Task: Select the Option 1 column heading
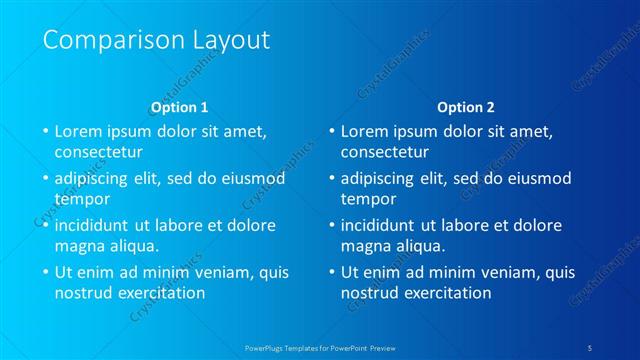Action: (179, 106)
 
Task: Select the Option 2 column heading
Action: (465, 106)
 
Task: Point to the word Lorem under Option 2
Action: (366, 131)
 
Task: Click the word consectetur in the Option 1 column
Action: (99, 152)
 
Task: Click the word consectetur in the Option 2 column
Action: (385, 152)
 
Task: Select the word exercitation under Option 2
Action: (446, 293)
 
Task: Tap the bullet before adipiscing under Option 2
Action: (331, 179)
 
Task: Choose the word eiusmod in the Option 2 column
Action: (535, 179)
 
